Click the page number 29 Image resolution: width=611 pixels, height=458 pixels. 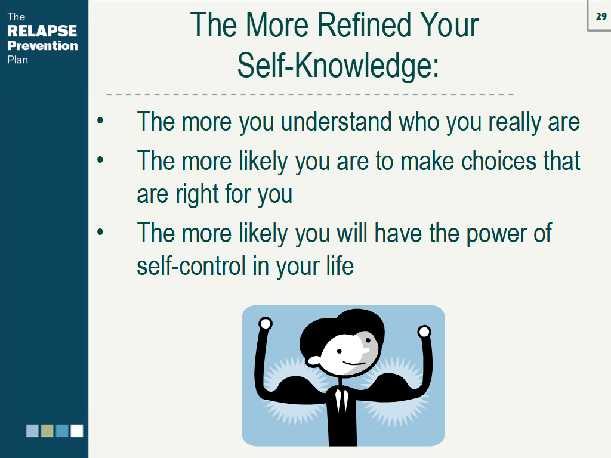601,17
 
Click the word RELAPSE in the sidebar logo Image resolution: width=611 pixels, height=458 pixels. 42,31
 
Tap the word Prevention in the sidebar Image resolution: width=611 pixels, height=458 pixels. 42,45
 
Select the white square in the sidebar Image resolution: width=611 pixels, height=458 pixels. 77,431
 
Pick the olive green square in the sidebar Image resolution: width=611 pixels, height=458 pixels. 47,431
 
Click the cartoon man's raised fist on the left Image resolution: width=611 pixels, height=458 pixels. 265,324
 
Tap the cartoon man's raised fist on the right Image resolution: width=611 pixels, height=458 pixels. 424,332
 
